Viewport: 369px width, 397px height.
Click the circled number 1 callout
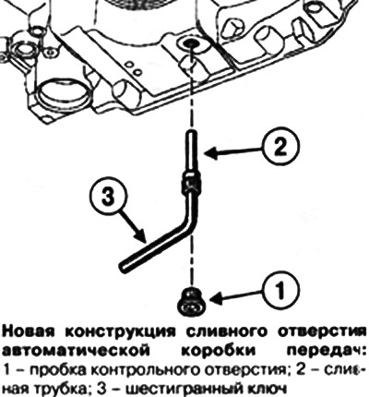pyautogui.click(x=280, y=290)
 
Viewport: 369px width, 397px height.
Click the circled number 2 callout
pyautogui.click(x=280, y=146)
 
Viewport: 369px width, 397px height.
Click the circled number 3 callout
pyautogui.click(x=107, y=197)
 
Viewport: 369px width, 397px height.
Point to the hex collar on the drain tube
pyautogui.click(x=191, y=183)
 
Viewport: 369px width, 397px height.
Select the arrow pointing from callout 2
pyautogui.click(x=232, y=150)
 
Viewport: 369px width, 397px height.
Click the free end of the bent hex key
pyautogui.click(x=123, y=266)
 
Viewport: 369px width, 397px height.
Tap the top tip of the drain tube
pyautogui.click(x=190, y=132)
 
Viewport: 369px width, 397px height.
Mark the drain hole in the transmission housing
pyautogui.click(x=188, y=43)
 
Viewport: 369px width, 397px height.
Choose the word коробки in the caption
pyautogui.click(x=219, y=351)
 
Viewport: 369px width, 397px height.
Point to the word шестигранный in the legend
pyautogui.click(x=182, y=386)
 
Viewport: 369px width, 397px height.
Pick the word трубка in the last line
pyautogui.click(x=62, y=386)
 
